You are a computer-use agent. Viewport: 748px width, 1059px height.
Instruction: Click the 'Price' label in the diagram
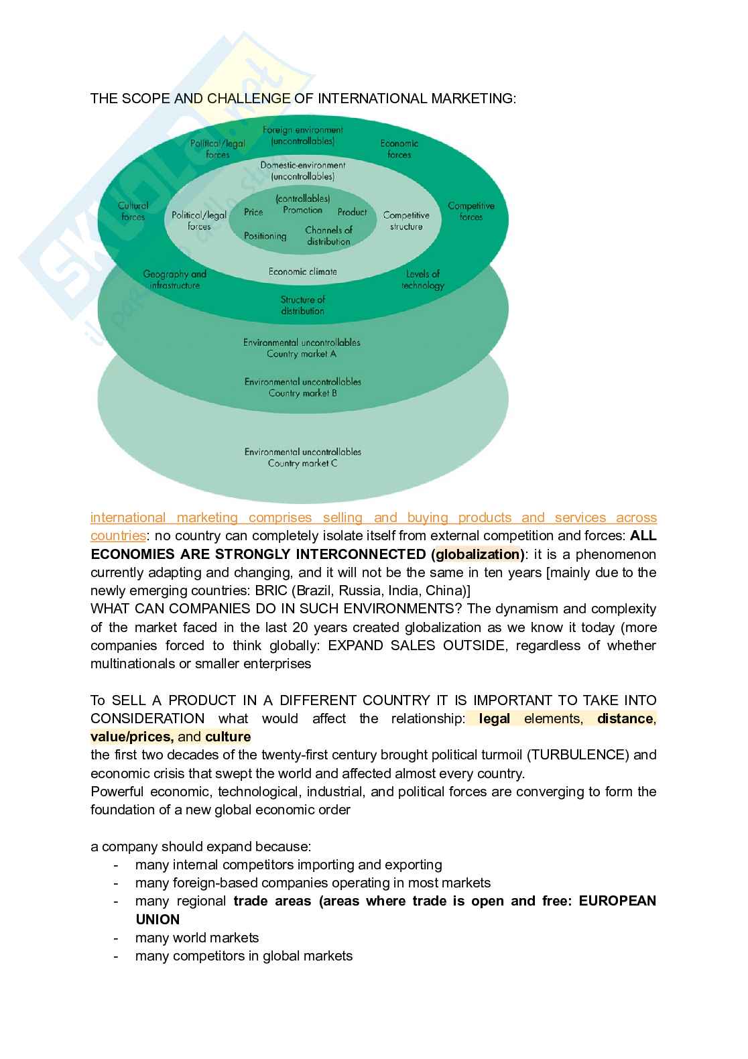pyautogui.click(x=253, y=212)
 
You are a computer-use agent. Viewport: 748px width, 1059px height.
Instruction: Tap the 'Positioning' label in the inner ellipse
pyautogui.click(x=265, y=236)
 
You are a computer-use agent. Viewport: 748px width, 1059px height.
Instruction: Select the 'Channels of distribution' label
pyautogui.click(x=328, y=235)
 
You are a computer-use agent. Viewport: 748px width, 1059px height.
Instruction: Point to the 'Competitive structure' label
pyautogui.click(x=406, y=221)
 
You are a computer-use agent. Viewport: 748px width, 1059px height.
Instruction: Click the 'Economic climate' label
pyautogui.click(x=302, y=271)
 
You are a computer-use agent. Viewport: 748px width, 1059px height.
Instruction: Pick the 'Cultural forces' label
pyautogui.click(x=133, y=211)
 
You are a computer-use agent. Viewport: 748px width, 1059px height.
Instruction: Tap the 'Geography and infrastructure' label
pyautogui.click(x=174, y=279)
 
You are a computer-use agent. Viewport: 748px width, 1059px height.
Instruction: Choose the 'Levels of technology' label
pyautogui.click(x=422, y=279)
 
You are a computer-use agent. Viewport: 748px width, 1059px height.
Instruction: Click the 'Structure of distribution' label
pyautogui.click(x=302, y=305)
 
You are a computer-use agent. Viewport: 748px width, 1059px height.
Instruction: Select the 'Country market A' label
pyautogui.click(x=302, y=354)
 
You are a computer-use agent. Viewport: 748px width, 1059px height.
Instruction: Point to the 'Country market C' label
pyautogui.click(x=302, y=463)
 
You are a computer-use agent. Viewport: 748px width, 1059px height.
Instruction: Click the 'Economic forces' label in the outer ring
pyautogui.click(x=399, y=149)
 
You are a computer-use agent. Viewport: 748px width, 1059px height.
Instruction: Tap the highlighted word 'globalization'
pyautogui.click(x=479, y=554)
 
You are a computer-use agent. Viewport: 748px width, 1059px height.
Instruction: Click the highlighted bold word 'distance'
pyautogui.click(x=625, y=719)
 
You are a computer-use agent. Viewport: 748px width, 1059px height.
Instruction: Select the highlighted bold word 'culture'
pyautogui.click(x=228, y=737)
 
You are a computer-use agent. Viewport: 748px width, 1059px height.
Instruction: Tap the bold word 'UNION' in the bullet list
pyautogui.click(x=158, y=920)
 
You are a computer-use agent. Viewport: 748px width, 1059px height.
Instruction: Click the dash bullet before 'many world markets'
pyautogui.click(x=117, y=938)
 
